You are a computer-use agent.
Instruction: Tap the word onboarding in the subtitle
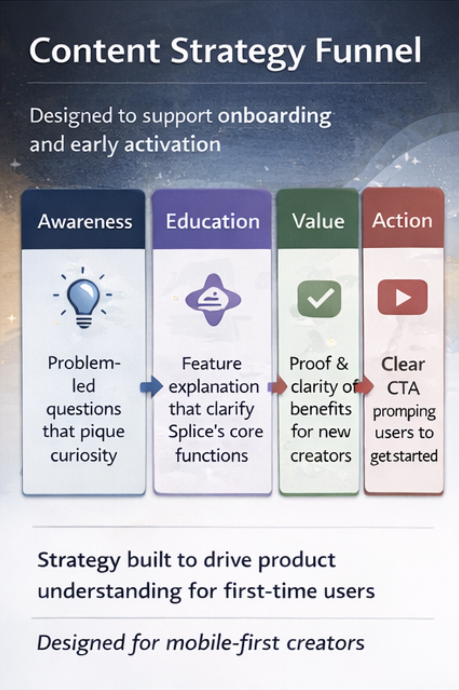274,116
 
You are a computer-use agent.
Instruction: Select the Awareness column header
85,221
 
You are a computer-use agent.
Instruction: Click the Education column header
212,221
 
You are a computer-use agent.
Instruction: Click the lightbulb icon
83,297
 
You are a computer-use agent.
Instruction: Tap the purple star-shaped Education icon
213,300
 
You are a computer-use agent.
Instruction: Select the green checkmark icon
319,299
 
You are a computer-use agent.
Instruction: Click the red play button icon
402,297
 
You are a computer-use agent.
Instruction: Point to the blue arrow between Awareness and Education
151,387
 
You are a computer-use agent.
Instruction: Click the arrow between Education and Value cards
277,387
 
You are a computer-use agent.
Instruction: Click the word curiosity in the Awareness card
84,455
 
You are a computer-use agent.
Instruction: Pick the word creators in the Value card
321,456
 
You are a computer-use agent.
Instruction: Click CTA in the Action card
403,388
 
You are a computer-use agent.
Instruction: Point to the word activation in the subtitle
172,144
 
